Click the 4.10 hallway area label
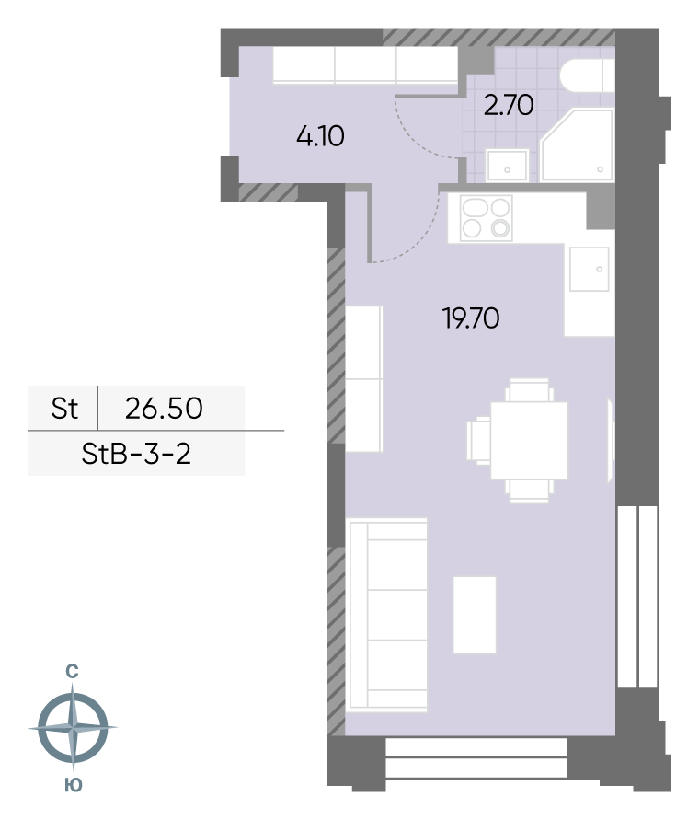tap(320, 137)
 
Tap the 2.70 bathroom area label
tap(509, 105)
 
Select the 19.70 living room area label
tap(471, 318)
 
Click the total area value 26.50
tap(164, 409)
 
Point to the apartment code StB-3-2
tap(136, 454)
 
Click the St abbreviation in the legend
tap(64, 409)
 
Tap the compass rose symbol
tap(73, 727)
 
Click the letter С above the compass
tap(72, 672)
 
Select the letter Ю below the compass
tap(74, 785)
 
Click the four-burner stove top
tap(486, 218)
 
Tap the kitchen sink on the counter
tap(590, 269)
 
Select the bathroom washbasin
tap(507, 166)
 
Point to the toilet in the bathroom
tap(587, 75)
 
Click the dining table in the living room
tap(529, 440)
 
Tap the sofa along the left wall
tap(387, 615)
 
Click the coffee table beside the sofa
tap(475, 615)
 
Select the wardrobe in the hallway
tap(365, 64)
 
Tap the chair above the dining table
tap(529, 390)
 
